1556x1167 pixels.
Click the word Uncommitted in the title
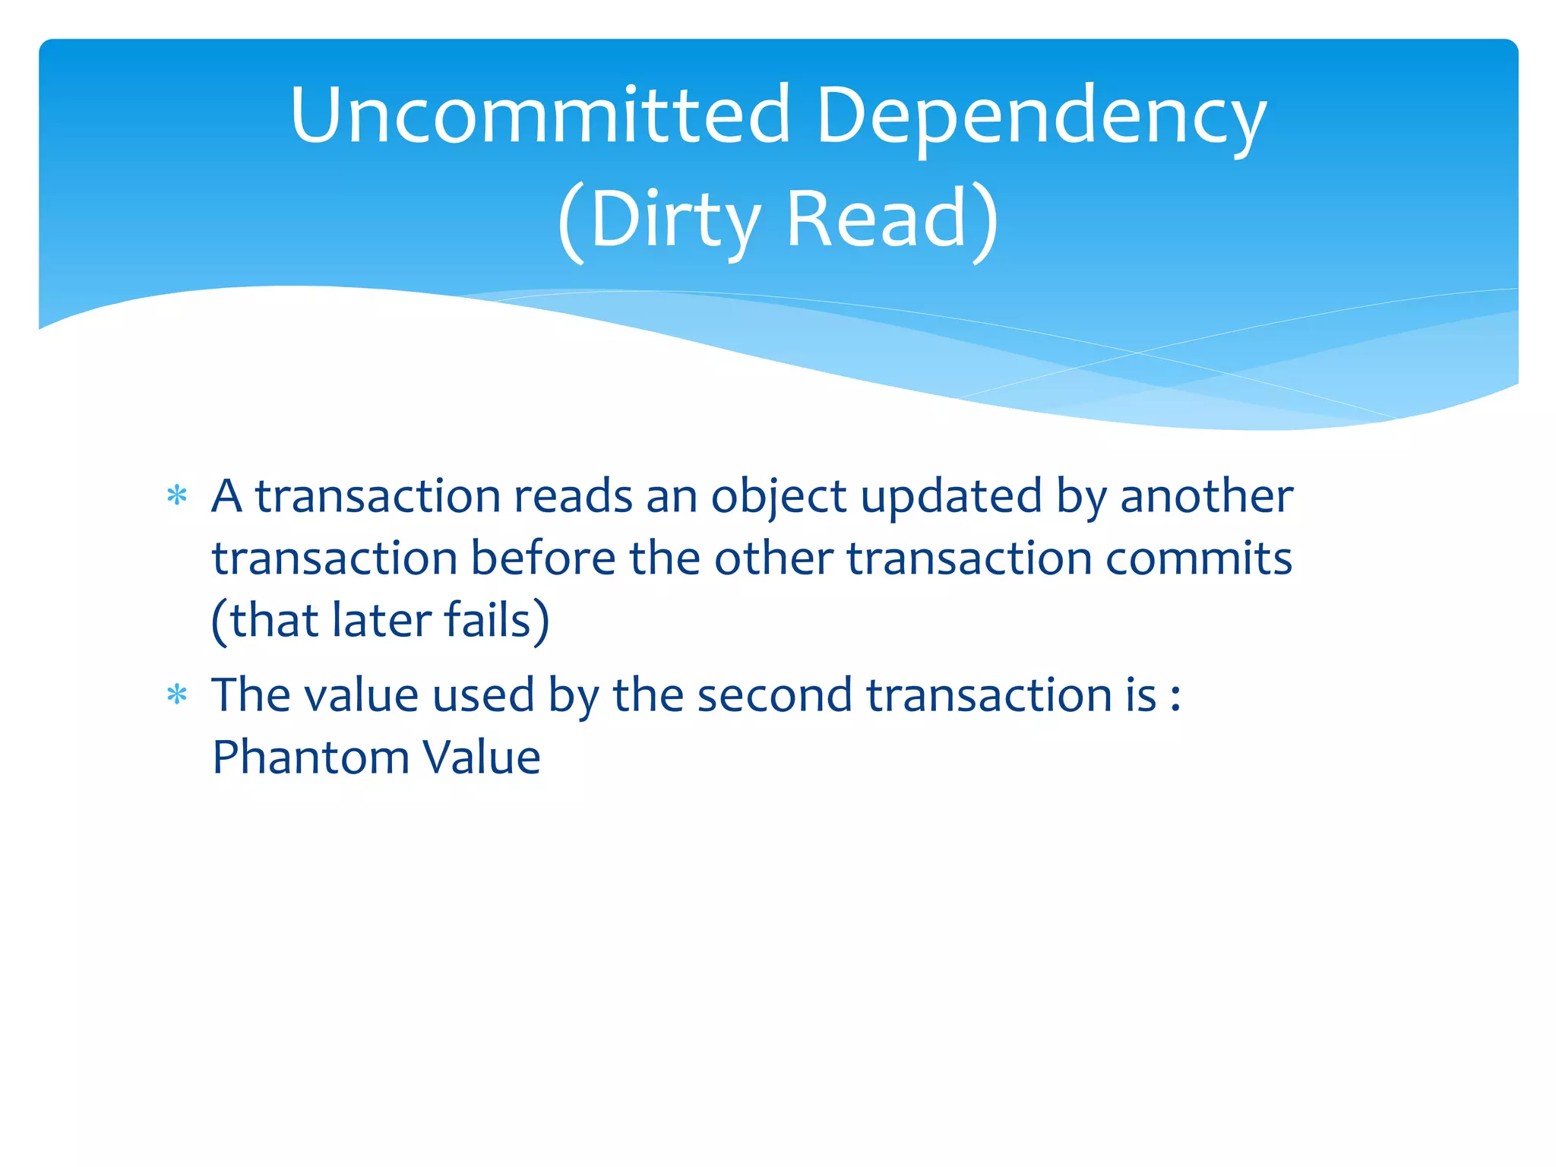[x=540, y=116]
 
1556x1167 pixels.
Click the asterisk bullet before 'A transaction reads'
[x=177, y=497]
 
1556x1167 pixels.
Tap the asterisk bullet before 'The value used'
[x=177, y=695]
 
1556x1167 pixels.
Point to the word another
[x=1206, y=497]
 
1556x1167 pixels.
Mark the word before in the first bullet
[x=542, y=559]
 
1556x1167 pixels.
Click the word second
[x=775, y=695]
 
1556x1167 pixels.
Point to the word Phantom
[x=312, y=757]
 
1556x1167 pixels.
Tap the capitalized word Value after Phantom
[x=482, y=757]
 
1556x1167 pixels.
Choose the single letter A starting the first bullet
[x=227, y=497]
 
